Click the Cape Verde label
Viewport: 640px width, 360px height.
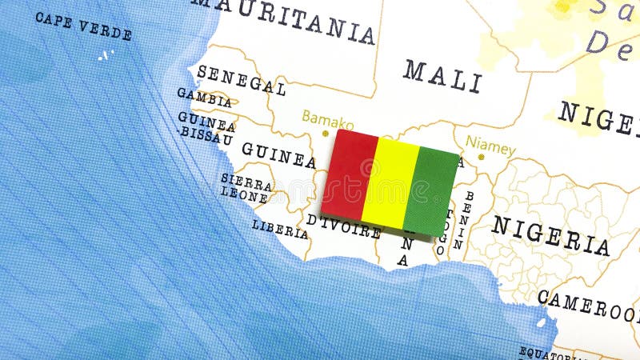coord(83,26)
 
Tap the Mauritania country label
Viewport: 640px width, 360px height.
coord(284,19)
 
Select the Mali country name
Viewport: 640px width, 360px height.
coord(442,76)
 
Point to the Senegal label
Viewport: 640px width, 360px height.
coord(241,80)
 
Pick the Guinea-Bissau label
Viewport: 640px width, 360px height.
coord(206,128)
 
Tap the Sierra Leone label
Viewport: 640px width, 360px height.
coord(246,188)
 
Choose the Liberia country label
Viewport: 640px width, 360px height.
coord(280,229)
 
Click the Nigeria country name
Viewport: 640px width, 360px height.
coord(550,235)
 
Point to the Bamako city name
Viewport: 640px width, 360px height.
coord(327,120)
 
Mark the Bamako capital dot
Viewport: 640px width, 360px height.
coord(326,133)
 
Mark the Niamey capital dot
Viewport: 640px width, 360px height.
coord(481,157)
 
